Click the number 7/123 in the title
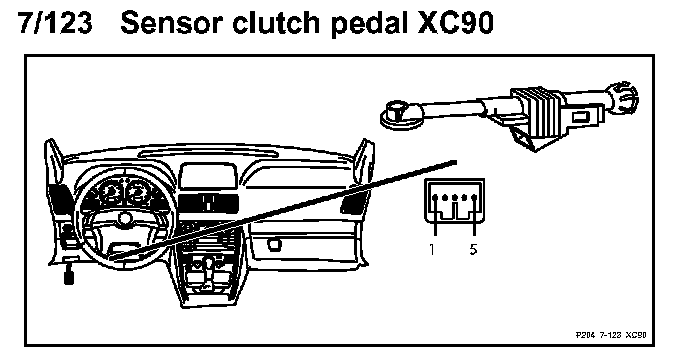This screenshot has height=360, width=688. pos(55,23)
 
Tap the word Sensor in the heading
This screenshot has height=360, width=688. pos(172,23)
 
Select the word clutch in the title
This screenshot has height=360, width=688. pos(276,23)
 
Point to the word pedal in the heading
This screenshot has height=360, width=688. pos(369,25)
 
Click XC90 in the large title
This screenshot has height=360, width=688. pos(455,23)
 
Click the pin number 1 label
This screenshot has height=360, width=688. pos(432,249)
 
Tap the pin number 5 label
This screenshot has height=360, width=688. pos(473,249)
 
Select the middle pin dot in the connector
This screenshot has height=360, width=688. pos(455,198)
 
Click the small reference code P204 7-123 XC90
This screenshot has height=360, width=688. pos(611,335)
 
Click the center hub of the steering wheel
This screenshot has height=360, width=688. pos(125,218)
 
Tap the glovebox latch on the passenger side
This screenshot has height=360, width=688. pos(274,244)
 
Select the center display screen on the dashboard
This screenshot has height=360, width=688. pos(208,176)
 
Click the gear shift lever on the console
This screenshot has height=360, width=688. pos(209,267)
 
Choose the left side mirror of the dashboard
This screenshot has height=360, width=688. pos(53,157)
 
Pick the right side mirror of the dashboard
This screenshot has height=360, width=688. pos(364,157)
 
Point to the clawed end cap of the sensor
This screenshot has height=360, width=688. pos(624,99)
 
